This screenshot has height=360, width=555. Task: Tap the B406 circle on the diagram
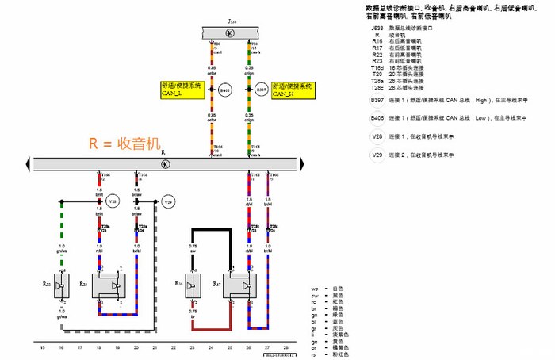226,90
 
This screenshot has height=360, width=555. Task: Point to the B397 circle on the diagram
261,90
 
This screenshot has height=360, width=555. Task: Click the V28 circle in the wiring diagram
112,201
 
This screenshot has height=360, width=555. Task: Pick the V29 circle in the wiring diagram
167,201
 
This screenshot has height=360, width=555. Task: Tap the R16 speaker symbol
183,285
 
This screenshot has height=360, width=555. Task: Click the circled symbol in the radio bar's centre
165,163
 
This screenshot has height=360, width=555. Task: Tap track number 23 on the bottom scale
192,348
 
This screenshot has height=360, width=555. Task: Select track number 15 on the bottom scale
42,348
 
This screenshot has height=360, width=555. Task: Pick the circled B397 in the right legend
377,101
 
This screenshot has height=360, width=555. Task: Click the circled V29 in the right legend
377,155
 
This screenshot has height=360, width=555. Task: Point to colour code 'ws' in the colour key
315,289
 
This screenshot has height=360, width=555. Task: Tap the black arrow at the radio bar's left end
29,163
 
